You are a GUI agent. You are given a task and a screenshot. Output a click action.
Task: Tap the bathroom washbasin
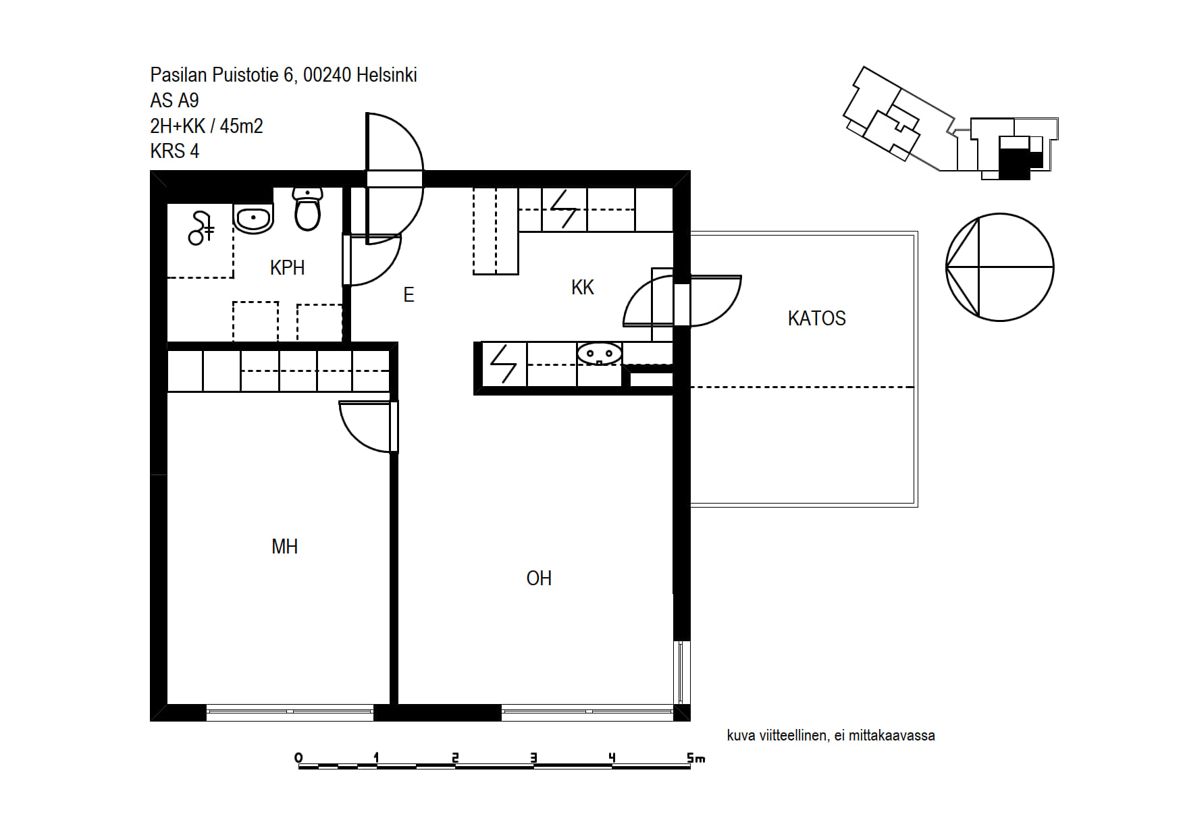pyautogui.click(x=253, y=218)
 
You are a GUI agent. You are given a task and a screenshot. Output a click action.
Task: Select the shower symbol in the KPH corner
pyautogui.click(x=201, y=228)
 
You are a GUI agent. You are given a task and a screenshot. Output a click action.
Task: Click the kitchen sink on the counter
pyautogui.click(x=600, y=354)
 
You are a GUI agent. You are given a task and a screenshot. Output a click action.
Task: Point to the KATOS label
pyautogui.click(x=816, y=318)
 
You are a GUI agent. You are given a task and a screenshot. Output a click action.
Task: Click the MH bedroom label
pyautogui.click(x=284, y=546)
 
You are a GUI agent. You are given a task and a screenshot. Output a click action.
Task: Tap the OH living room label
pyautogui.click(x=539, y=578)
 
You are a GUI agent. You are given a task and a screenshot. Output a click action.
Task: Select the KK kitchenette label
pyautogui.click(x=582, y=288)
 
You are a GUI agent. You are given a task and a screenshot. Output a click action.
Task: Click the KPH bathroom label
pyautogui.click(x=287, y=268)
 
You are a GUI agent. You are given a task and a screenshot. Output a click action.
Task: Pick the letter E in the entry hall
pyautogui.click(x=409, y=295)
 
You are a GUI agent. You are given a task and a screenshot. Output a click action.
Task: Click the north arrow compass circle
pyautogui.click(x=1000, y=267)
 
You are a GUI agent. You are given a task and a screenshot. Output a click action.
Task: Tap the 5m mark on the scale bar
pyautogui.click(x=695, y=758)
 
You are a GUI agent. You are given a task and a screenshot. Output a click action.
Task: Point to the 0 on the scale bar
pyautogui.click(x=298, y=758)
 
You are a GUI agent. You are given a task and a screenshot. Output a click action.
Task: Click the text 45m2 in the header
pyautogui.click(x=241, y=126)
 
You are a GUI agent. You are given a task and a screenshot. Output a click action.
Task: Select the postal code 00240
pyautogui.click(x=327, y=75)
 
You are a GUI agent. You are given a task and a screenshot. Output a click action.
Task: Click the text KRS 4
pyautogui.click(x=174, y=151)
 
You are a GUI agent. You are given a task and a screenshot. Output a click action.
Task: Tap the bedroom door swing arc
pyautogui.click(x=356, y=435)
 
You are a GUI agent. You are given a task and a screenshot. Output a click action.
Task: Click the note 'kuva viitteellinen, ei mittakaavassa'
pyautogui.click(x=831, y=736)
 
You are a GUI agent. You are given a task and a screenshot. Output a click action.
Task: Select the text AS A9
pyautogui.click(x=174, y=101)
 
